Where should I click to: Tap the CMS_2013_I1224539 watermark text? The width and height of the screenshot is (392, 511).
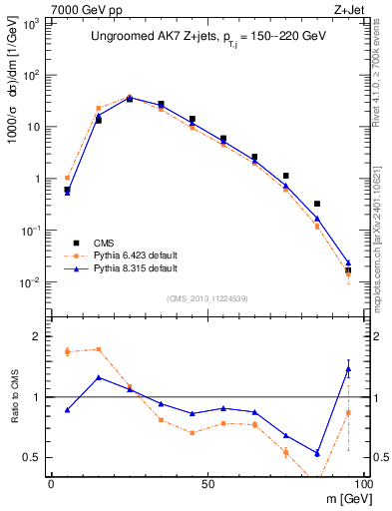tap(207, 297)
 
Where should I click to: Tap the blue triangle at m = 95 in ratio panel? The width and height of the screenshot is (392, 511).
tap(348, 369)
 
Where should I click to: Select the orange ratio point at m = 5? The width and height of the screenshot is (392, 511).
tap(67, 351)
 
